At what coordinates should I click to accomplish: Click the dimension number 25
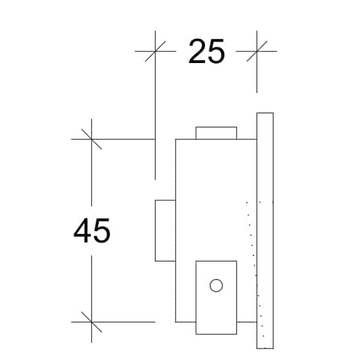click(x=206, y=51)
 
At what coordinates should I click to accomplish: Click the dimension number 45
click(x=92, y=231)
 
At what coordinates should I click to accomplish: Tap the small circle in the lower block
click(x=216, y=285)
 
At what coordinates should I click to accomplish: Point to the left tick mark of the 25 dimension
click(x=156, y=51)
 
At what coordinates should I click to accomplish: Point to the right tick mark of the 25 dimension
click(x=257, y=51)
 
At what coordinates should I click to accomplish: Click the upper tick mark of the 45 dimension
click(x=91, y=139)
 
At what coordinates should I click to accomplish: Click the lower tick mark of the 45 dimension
click(x=91, y=322)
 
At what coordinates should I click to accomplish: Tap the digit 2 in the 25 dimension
click(x=197, y=51)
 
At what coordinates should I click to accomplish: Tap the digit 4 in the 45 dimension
click(x=82, y=230)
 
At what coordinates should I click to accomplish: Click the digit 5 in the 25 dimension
click(x=216, y=51)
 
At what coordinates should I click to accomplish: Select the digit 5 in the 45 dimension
click(x=102, y=231)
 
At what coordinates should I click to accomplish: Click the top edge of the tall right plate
click(x=265, y=113)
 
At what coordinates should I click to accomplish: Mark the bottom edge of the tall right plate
click(x=265, y=348)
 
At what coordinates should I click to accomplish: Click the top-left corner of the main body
click(x=176, y=139)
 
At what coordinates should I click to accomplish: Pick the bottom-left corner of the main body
click(x=176, y=322)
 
